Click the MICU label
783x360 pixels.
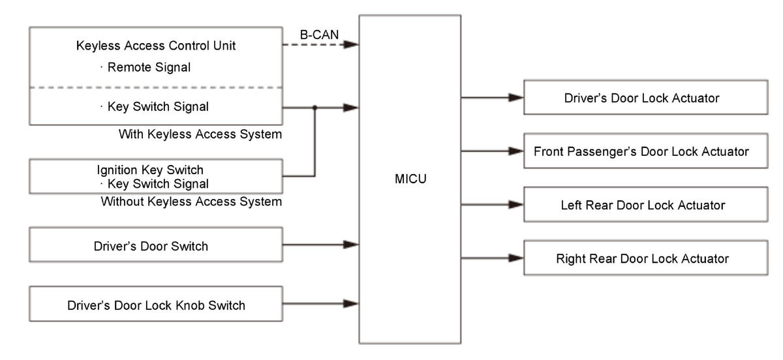410,178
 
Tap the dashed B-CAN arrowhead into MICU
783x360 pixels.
352,44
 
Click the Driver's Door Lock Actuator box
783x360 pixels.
646,98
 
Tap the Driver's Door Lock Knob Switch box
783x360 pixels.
156,304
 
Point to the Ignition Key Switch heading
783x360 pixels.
150,170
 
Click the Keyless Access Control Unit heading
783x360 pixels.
156,46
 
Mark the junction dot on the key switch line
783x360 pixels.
315,107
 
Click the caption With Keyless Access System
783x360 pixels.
200,134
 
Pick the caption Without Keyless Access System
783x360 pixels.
191,202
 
